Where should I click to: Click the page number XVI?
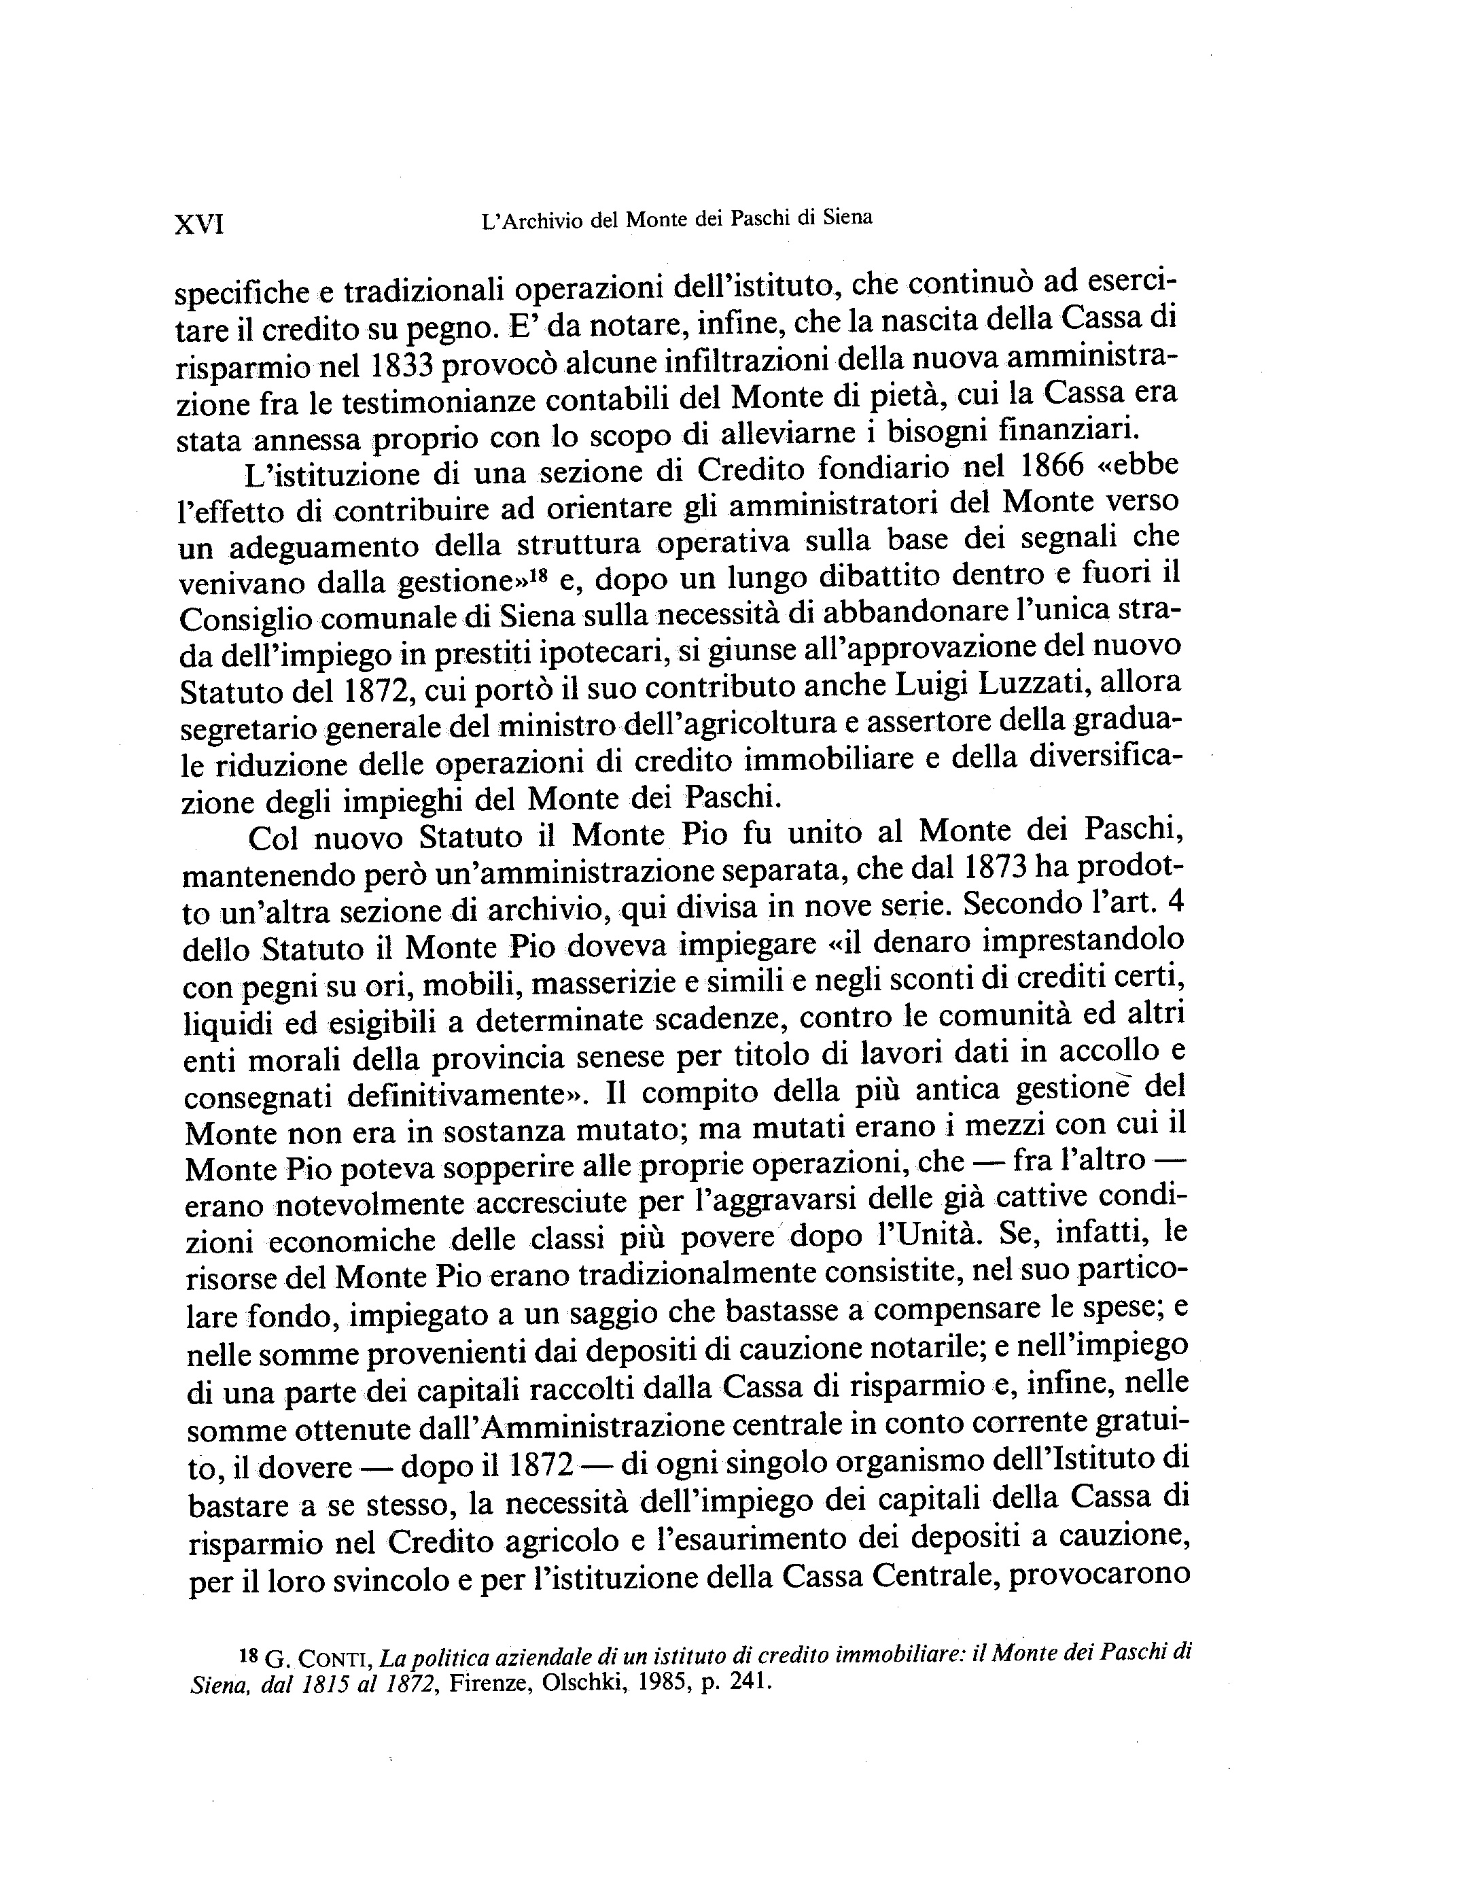(x=200, y=225)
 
